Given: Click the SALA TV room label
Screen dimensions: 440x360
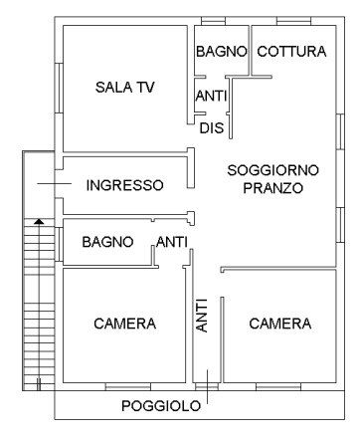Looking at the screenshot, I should click(125, 88).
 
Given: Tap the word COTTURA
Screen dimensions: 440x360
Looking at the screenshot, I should click(290, 51).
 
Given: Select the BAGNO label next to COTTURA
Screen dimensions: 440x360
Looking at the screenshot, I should click(220, 51).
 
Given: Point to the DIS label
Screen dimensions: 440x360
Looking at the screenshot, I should click(211, 128).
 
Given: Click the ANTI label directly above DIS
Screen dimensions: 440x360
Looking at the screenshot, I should click(211, 97).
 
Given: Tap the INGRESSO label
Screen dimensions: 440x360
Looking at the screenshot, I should click(124, 185).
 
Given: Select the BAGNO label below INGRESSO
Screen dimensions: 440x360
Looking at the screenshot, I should click(107, 242).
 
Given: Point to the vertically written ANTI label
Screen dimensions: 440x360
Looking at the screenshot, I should click(202, 315).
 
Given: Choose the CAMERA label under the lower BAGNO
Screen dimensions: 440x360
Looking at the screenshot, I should click(125, 324).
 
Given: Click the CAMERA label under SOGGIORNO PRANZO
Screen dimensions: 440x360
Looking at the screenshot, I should click(280, 324).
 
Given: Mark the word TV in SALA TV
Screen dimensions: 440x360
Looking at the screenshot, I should click(145, 88).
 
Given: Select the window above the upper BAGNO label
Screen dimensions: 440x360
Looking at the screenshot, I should click(213, 21).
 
